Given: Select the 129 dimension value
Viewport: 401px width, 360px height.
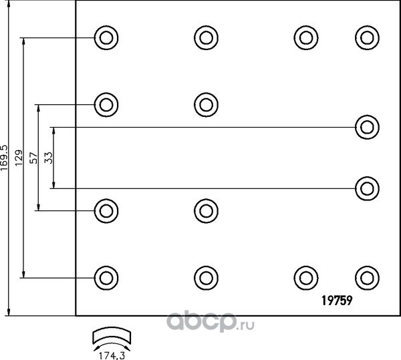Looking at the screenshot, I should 20,157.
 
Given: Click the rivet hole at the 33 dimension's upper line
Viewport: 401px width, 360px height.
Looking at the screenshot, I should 365,126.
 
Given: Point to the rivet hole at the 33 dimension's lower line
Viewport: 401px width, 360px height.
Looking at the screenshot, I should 365,188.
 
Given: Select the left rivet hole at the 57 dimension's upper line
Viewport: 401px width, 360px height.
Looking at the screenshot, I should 105,104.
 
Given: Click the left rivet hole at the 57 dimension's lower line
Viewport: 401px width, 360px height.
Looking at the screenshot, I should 105,211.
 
